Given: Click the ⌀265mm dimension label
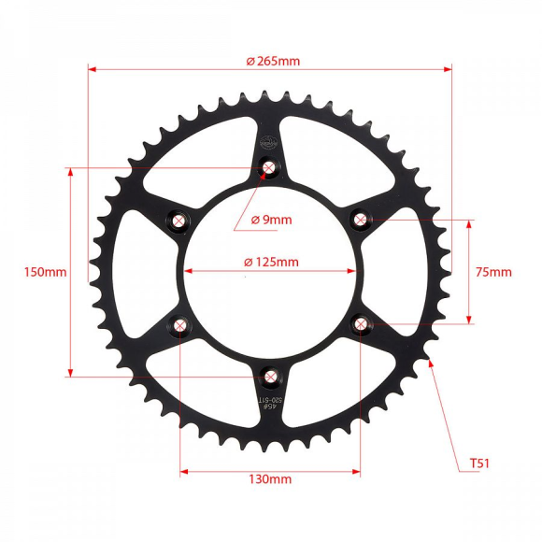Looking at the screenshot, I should [273, 61].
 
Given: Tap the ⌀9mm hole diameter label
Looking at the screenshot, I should [271, 220].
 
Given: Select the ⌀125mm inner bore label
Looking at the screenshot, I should [271, 262].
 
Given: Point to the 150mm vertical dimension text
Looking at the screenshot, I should [45, 272].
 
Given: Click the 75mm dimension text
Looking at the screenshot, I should [493, 272].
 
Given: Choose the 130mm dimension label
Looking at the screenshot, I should [270, 478].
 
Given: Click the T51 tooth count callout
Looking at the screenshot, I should [479, 463].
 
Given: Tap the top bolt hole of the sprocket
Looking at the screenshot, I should [270, 168].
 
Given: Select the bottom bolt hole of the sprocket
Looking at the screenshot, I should [270, 377].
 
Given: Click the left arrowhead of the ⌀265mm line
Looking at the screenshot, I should [93, 67].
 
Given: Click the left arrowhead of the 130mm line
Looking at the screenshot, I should [184, 471].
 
